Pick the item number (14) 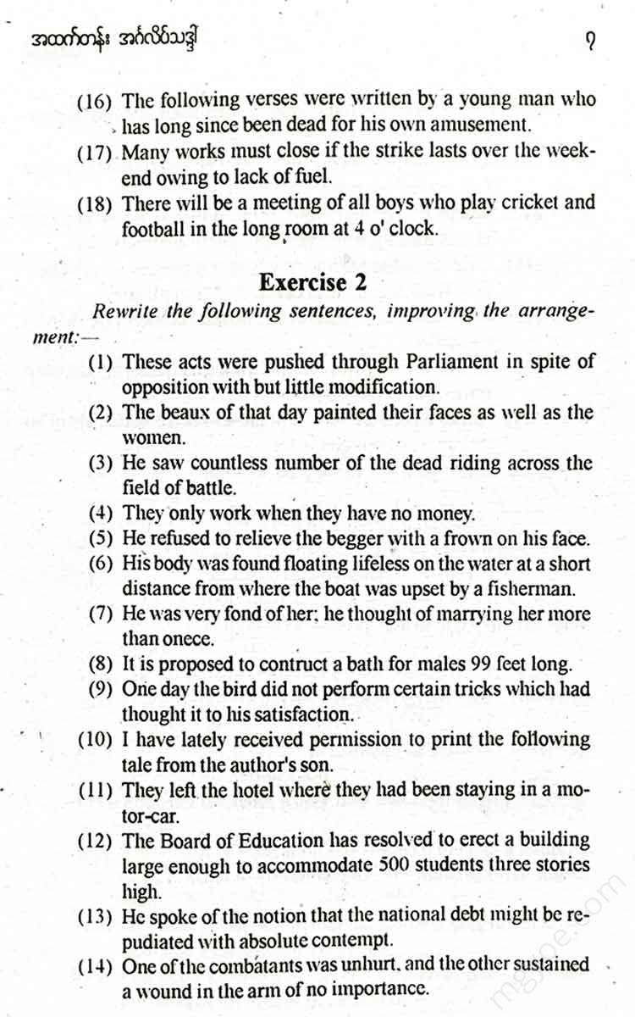[x=95, y=965]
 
